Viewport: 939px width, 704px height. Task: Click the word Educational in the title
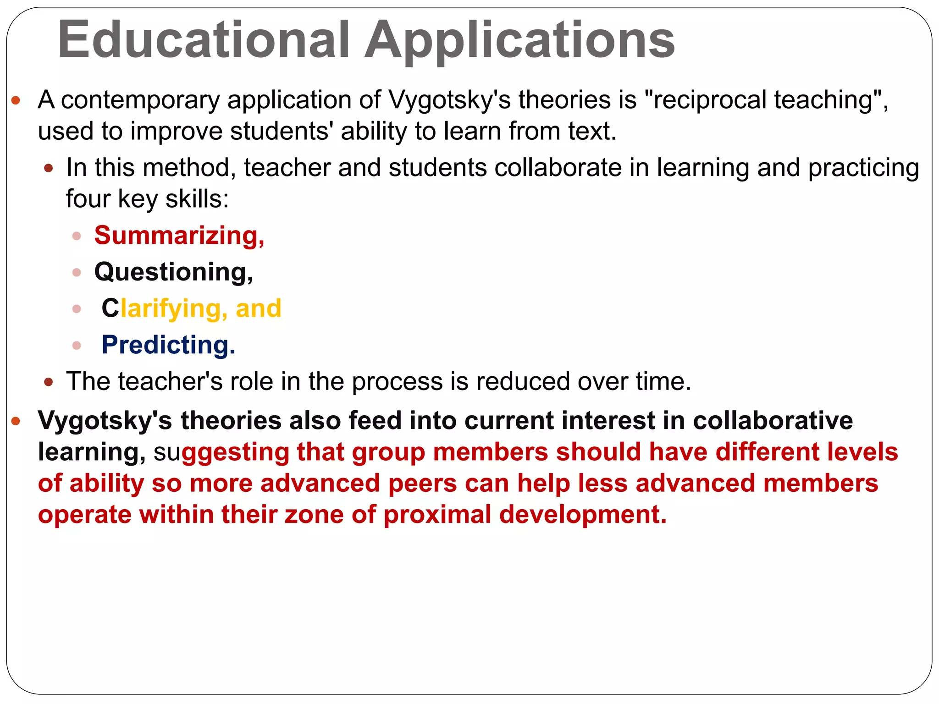(x=204, y=40)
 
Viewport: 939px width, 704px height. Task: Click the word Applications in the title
(x=519, y=40)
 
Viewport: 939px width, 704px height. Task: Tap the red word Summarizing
(x=179, y=236)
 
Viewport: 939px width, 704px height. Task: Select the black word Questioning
(x=173, y=272)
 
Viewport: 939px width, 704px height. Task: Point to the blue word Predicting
(x=168, y=345)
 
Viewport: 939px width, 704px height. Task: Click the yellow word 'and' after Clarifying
(x=258, y=308)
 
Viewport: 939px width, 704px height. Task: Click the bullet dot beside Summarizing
(x=77, y=236)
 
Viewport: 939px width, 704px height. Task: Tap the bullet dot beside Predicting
(x=77, y=346)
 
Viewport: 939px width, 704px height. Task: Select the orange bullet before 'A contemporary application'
(x=16, y=101)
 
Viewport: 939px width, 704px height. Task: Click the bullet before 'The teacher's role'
(x=49, y=382)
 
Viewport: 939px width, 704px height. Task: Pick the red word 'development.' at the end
(x=583, y=515)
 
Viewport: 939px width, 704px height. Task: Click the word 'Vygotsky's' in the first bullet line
(x=449, y=100)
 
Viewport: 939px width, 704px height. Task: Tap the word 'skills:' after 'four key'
(x=197, y=199)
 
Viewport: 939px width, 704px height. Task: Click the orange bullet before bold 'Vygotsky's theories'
(x=16, y=421)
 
